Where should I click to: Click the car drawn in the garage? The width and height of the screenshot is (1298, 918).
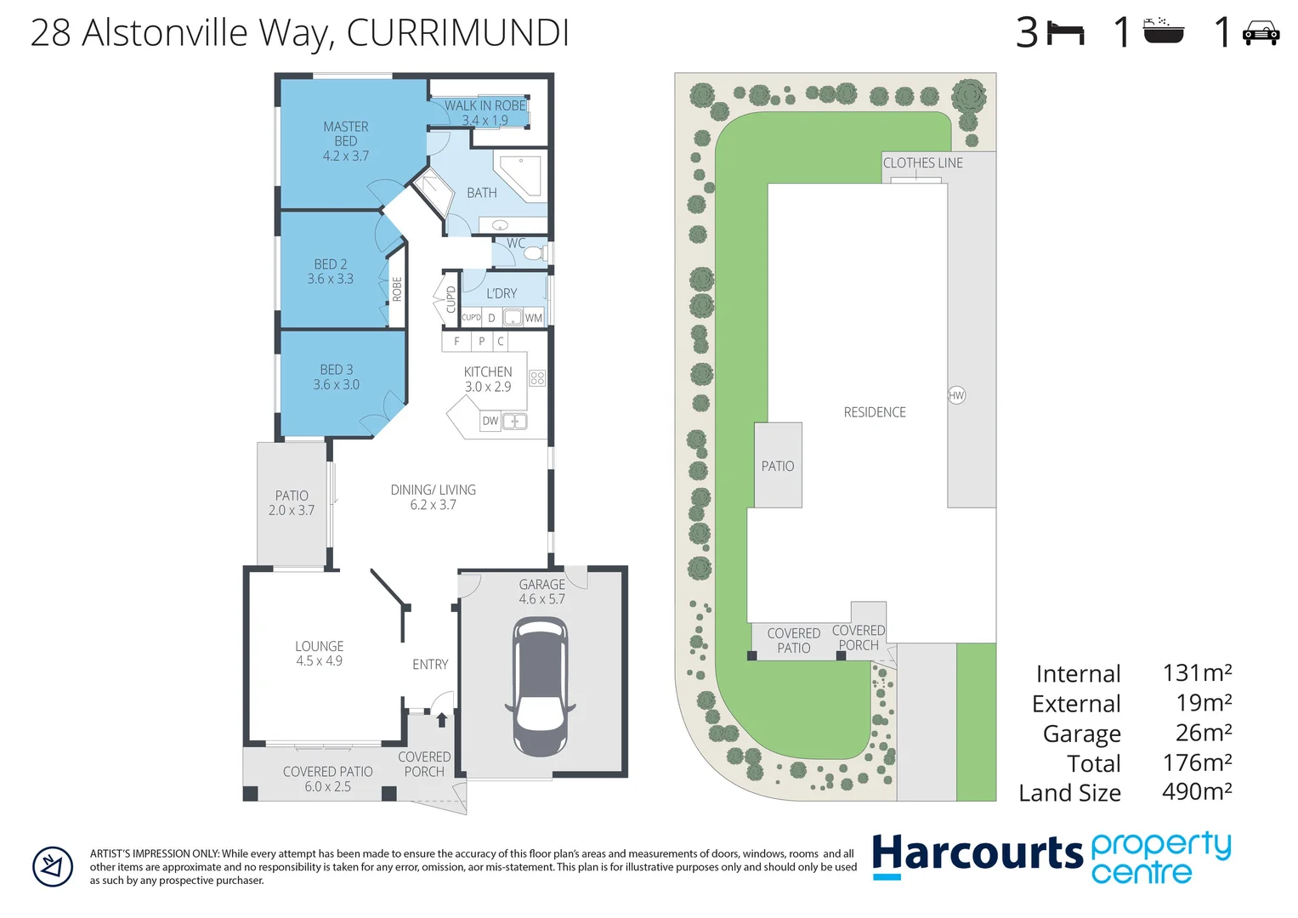tap(540, 687)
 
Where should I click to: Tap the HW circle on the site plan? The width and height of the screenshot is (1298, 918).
tap(956, 395)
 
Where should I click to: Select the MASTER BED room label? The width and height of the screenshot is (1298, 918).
tap(346, 141)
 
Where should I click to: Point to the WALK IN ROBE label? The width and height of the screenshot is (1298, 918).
tap(485, 106)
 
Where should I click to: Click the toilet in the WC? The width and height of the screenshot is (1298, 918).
tap(534, 253)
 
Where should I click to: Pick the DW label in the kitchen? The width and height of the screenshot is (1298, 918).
tap(490, 421)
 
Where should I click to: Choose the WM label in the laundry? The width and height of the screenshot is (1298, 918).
tap(533, 318)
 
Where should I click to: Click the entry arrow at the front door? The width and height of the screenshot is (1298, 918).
tap(441, 720)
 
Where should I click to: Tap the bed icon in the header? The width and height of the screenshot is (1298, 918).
tap(1066, 34)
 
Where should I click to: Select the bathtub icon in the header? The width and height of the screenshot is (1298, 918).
tap(1163, 31)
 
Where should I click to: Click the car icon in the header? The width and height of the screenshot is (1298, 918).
tap(1261, 34)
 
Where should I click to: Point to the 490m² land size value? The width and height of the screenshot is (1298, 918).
tap(1197, 791)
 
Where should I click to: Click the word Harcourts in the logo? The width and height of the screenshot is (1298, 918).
tap(977, 854)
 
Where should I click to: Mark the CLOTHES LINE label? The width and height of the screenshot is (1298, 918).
tap(922, 163)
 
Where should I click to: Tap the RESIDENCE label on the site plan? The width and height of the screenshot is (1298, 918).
tap(875, 412)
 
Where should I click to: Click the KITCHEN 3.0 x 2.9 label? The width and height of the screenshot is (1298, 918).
tap(488, 379)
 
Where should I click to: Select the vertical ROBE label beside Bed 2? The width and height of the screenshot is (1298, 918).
tap(397, 290)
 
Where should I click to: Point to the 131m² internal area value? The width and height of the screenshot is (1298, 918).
tap(1197, 672)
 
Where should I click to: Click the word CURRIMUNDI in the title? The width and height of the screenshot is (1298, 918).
tap(457, 33)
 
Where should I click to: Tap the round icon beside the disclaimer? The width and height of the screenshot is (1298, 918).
tap(53, 867)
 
